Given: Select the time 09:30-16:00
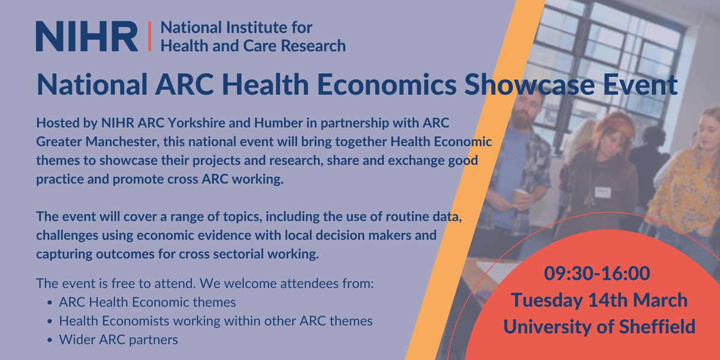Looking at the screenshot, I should coord(598,274).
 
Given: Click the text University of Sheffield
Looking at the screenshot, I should coord(599,326).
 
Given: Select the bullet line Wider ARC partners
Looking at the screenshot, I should coord(118,340).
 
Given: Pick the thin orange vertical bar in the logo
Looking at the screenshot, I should coord(151,36).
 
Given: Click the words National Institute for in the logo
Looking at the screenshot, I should coord(238,28).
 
